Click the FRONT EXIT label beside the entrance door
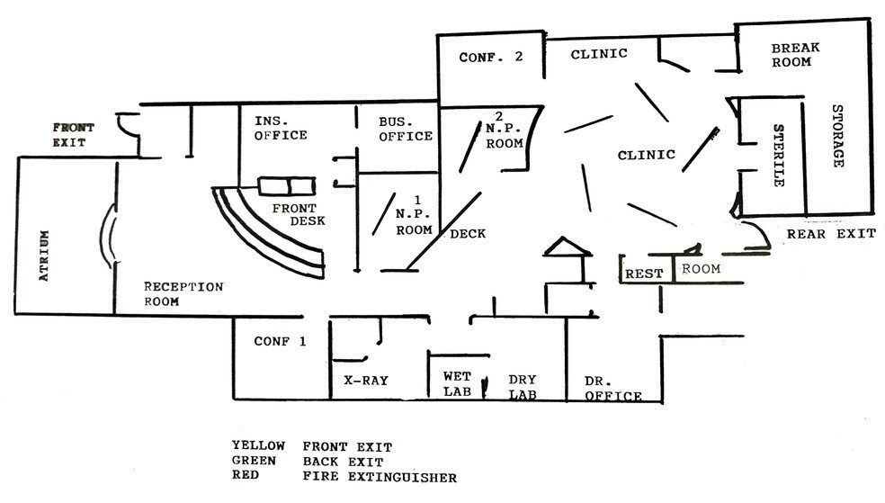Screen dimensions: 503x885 coord(73,135)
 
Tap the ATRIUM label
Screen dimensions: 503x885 coord(43,256)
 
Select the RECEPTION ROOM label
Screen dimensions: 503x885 coord(183,294)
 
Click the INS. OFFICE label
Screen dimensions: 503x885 coord(281,128)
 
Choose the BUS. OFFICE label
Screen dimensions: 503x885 coord(406,129)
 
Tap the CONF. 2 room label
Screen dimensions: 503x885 coord(491,57)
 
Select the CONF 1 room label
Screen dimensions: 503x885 coord(280,341)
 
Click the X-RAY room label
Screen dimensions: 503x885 coord(366,381)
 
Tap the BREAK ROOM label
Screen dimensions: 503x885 coord(791,55)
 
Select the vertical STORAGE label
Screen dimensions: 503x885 coord(837,136)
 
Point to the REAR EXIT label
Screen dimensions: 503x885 coord(831,234)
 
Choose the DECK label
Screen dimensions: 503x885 coord(468,233)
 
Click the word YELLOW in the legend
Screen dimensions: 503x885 coord(258,445)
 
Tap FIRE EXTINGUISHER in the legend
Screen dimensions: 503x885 coord(380,476)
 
